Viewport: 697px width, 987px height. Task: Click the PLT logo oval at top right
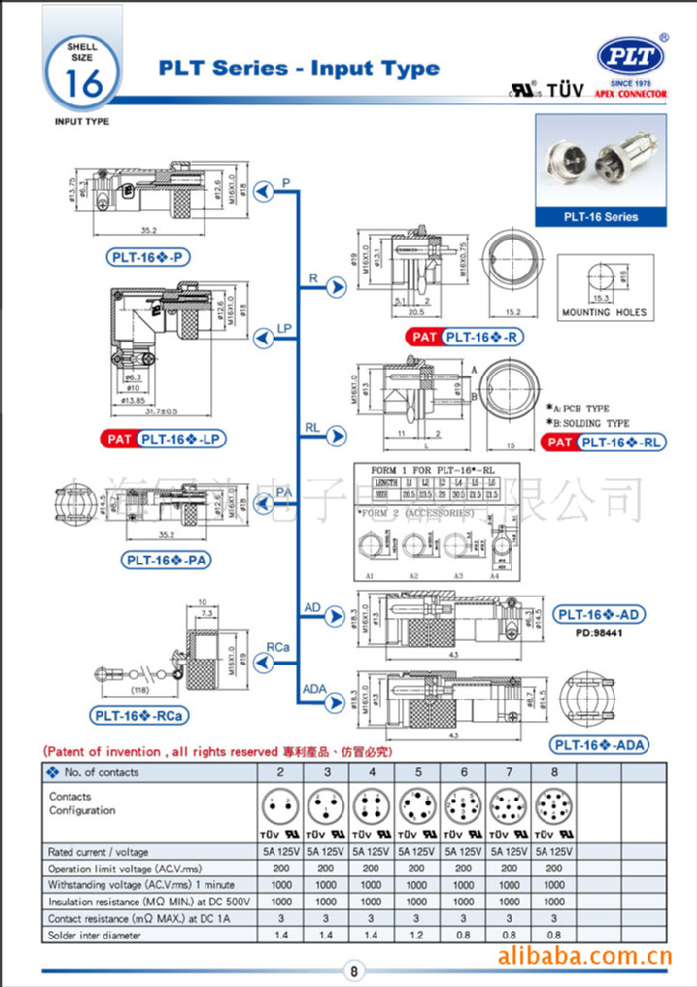(x=631, y=56)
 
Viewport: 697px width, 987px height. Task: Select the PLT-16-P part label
(x=148, y=256)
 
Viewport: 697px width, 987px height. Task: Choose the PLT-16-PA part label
(x=167, y=560)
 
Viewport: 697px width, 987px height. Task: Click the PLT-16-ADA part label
(x=599, y=744)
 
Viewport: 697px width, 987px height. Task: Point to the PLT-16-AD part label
(x=599, y=615)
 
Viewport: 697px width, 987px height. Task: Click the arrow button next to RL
(x=335, y=437)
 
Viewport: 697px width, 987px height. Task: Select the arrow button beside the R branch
(x=335, y=286)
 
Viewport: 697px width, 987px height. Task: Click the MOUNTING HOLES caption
(x=604, y=312)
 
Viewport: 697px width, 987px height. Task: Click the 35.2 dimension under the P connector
(x=148, y=230)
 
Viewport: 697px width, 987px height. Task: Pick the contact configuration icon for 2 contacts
(x=280, y=805)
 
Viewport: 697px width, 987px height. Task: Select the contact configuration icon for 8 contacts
(x=554, y=805)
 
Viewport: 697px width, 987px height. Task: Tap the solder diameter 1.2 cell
(x=416, y=935)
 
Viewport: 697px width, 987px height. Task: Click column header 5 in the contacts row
(x=417, y=772)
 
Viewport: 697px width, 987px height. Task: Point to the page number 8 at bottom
(x=354, y=972)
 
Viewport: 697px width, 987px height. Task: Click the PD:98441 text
(x=598, y=633)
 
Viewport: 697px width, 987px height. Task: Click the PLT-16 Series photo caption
(x=601, y=217)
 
